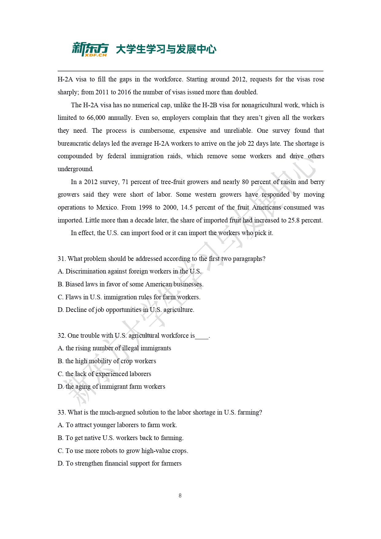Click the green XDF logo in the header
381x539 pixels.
coord(90,49)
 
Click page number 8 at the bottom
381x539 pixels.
coord(180,495)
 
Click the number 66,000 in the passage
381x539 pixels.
coord(96,118)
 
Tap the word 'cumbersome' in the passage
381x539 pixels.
coord(157,131)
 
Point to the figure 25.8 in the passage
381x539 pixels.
coord(294,221)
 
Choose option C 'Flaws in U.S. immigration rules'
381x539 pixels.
coord(129,297)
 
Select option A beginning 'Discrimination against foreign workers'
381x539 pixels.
coord(130,272)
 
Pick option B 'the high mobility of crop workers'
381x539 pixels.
coord(107,361)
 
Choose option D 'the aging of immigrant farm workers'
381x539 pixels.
coord(111,387)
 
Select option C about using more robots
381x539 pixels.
coord(123,451)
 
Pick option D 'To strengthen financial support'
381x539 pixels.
coord(120,464)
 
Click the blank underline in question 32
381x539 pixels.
coord(202,337)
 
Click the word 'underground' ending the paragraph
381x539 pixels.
coord(75,169)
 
